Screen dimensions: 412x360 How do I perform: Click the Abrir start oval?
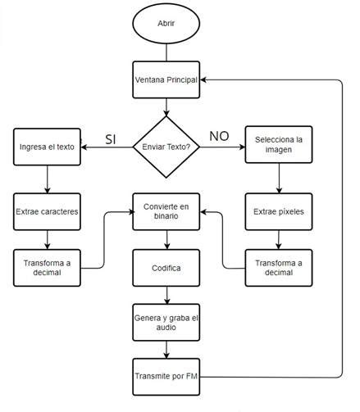(166, 24)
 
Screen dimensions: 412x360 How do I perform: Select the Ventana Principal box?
(166, 79)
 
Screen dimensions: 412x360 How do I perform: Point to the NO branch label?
(220, 136)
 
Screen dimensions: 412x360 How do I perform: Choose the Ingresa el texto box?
(47, 148)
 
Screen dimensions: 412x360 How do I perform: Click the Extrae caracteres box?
(47, 211)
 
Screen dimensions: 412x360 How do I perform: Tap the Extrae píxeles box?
(279, 211)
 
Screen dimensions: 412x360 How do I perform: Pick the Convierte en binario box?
(167, 211)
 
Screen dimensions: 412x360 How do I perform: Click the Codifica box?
(167, 267)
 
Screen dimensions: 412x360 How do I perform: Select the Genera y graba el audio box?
(167, 322)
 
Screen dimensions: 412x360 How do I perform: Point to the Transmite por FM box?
(167, 377)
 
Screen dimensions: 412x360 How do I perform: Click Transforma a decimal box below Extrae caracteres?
(47, 267)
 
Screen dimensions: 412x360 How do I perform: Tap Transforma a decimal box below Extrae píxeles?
(279, 267)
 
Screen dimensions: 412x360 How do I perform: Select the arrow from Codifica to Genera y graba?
(167, 294)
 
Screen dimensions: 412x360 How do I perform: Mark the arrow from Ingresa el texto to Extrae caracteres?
(47, 179)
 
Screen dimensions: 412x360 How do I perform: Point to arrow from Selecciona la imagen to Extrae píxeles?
(279, 179)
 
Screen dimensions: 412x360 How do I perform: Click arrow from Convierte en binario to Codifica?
(167, 239)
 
